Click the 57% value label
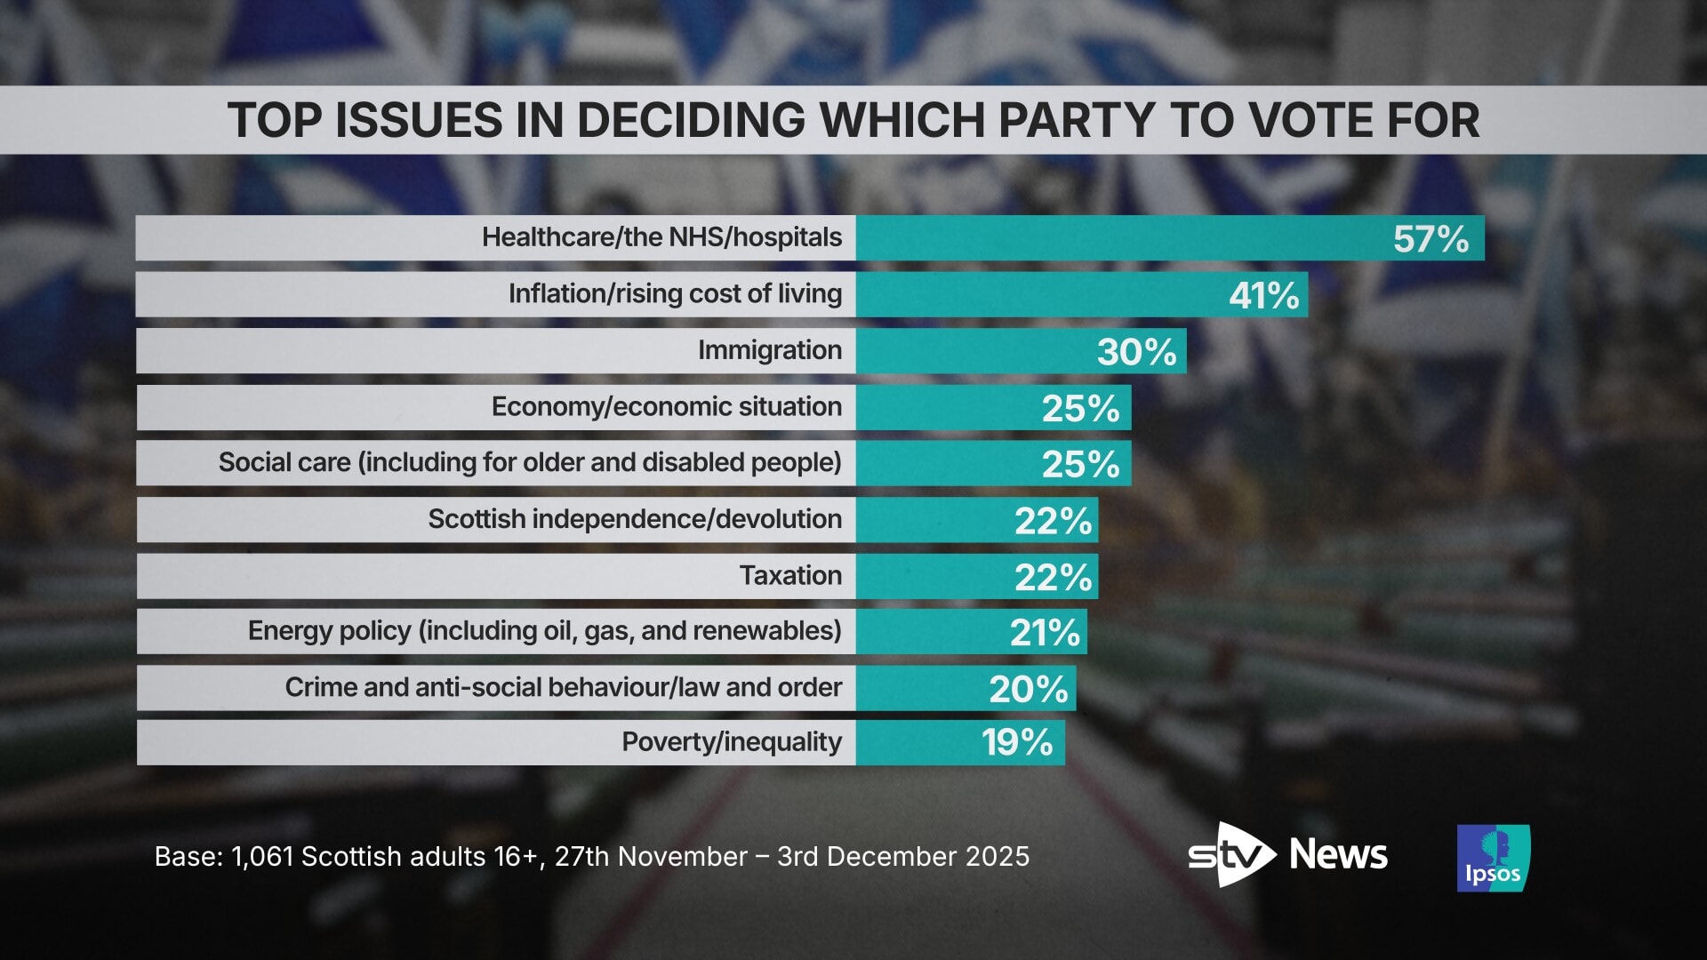pos(1431,239)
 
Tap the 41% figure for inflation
pos(1263,295)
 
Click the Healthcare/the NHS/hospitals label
pos(661,237)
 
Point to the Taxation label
pos(790,576)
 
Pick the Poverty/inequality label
pos(731,742)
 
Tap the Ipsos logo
pos(1493,858)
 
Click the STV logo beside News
pos(1231,855)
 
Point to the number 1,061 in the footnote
pos(262,857)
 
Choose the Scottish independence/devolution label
pos(635,519)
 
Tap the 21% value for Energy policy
pos(1045,633)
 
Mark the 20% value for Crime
pos(1029,689)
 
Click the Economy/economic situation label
pos(666,407)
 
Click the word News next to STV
pos(1338,855)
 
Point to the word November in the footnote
pos(682,857)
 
